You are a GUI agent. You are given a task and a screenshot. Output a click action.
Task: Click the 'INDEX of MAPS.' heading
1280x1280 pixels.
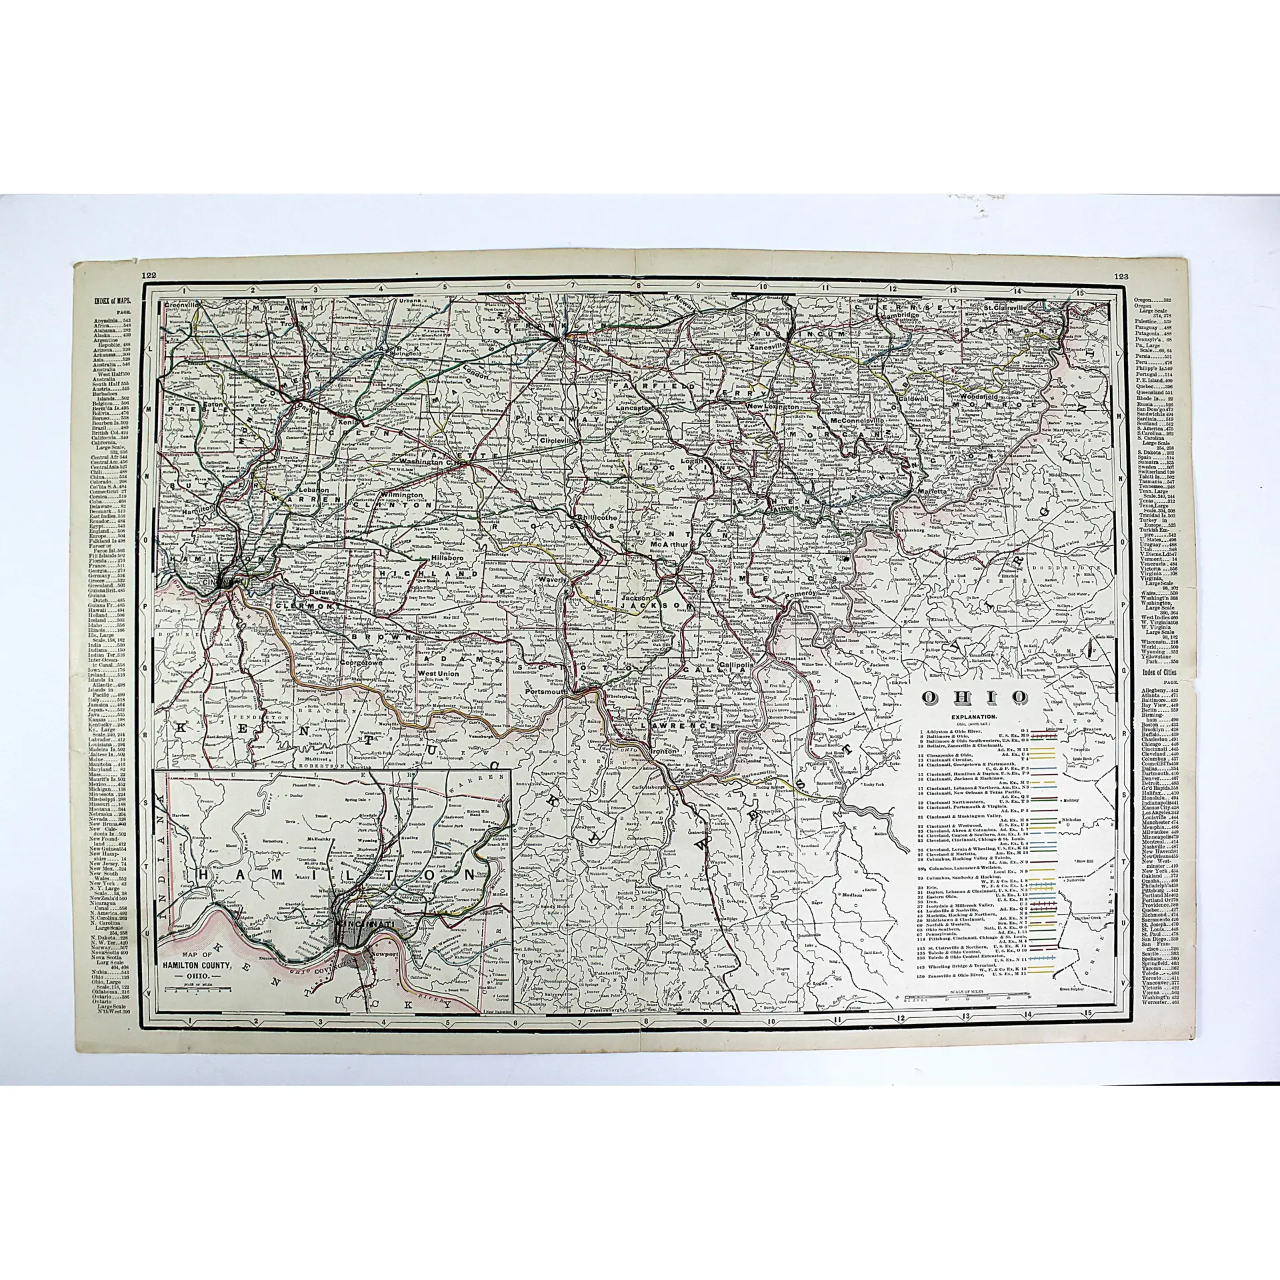114,301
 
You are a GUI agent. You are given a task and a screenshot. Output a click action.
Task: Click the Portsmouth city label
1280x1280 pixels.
546,691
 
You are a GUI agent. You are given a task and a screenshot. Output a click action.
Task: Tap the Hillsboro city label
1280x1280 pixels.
447,556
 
